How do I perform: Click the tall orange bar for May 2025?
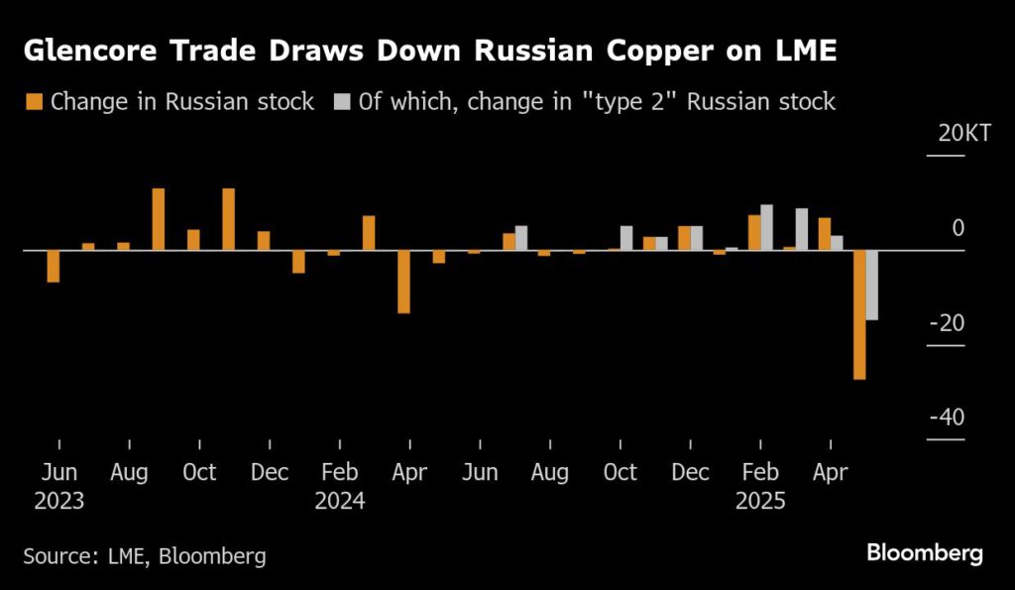tap(859, 314)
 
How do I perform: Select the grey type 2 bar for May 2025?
tap(872, 285)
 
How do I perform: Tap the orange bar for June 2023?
tap(54, 266)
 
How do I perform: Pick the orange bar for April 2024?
tap(403, 282)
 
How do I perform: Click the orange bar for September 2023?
tap(159, 219)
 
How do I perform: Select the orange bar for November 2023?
tap(229, 219)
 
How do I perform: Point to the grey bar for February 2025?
tap(767, 227)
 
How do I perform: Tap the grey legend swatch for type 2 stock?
tap(342, 101)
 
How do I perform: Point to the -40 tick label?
tap(947, 417)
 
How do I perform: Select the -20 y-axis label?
tap(947, 323)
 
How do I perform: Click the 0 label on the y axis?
tap(958, 229)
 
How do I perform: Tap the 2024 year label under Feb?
tap(340, 502)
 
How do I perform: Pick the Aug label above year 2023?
tap(130, 472)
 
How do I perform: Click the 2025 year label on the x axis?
tap(760, 502)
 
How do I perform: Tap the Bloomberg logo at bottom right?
tap(924, 553)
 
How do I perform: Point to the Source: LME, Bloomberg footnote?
tap(144, 556)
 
